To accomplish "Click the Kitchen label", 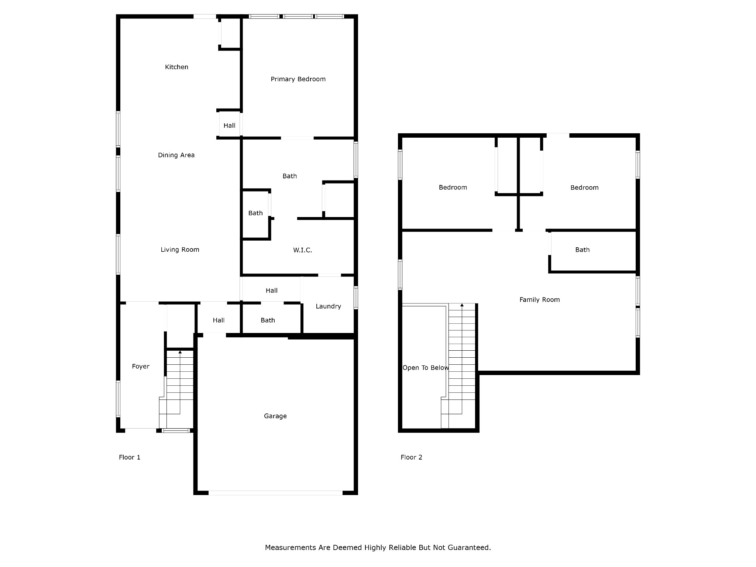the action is [176, 67].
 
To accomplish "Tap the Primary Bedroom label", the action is [298, 79].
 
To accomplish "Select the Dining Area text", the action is [176, 155].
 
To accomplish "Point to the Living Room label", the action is [180, 250].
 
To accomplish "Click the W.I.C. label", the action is [303, 250].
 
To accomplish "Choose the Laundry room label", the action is [329, 306].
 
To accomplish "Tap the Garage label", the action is [275, 416].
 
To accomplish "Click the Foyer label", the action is [141, 366].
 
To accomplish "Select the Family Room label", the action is [540, 300].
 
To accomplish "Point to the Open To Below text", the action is [426, 368].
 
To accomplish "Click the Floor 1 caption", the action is [130, 457].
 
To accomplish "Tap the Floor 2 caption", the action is [412, 457].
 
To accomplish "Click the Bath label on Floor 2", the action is [583, 250].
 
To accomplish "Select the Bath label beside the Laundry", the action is [268, 320].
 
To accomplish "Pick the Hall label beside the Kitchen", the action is [230, 126].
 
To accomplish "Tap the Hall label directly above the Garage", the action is [219, 320].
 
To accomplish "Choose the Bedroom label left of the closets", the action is [453, 188].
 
